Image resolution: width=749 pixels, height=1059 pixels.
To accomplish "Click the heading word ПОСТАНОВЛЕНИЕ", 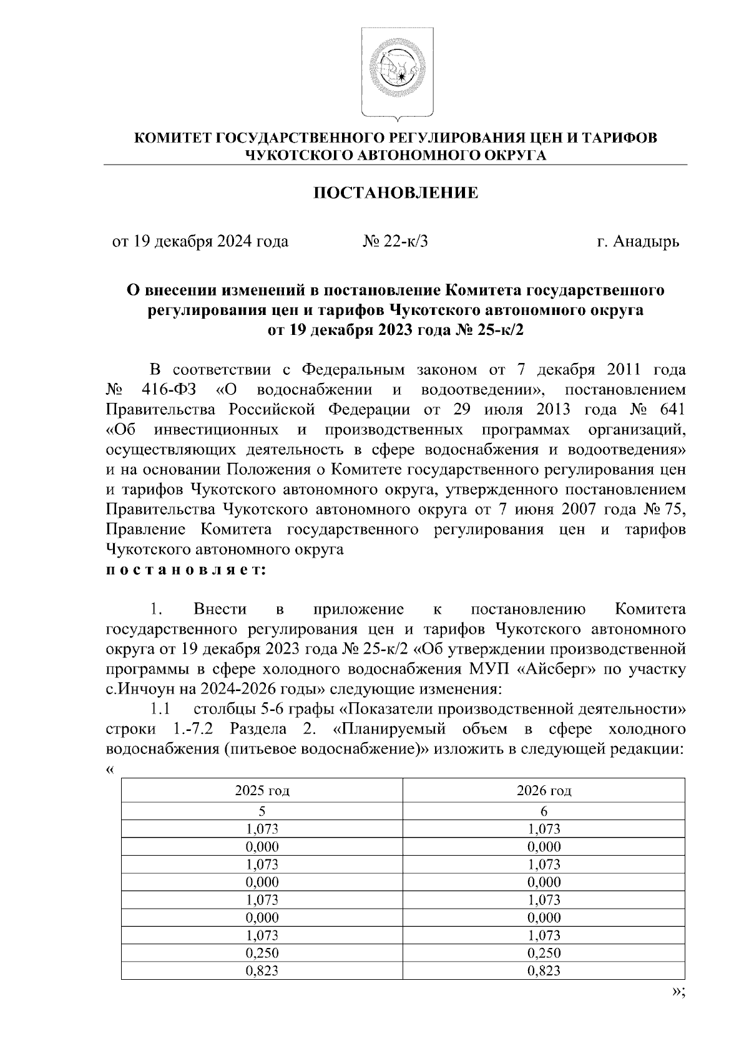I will pyautogui.click(x=395, y=193).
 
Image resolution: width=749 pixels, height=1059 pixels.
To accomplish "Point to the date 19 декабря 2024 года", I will pyautogui.click(x=200, y=241).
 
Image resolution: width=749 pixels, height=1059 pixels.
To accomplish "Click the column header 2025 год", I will pyautogui.click(x=262, y=791).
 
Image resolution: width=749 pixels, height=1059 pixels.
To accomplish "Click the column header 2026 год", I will pyautogui.click(x=544, y=791).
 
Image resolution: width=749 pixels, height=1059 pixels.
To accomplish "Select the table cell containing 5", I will pyautogui.click(x=262, y=811).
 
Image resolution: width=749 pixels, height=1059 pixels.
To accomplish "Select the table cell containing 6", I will pyautogui.click(x=544, y=811).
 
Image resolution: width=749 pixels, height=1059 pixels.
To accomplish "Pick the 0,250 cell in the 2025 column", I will pyautogui.click(x=262, y=953).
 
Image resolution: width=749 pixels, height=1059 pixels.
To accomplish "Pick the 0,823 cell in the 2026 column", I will pyautogui.click(x=544, y=970).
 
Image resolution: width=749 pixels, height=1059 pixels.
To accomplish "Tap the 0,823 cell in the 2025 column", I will pyautogui.click(x=262, y=970).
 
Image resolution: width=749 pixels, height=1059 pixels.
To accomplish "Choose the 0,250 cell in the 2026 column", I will pyautogui.click(x=544, y=953).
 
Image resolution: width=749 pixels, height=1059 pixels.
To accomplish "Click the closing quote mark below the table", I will pyautogui.click(x=677, y=994).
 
